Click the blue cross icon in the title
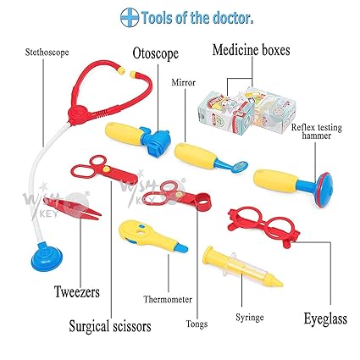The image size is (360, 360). (x=130, y=17)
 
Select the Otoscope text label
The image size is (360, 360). (x=155, y=53)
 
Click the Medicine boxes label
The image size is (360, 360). (x=250, y=50)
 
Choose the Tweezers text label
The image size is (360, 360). (x=74, y=292)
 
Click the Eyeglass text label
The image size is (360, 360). (x=324, y=319)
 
